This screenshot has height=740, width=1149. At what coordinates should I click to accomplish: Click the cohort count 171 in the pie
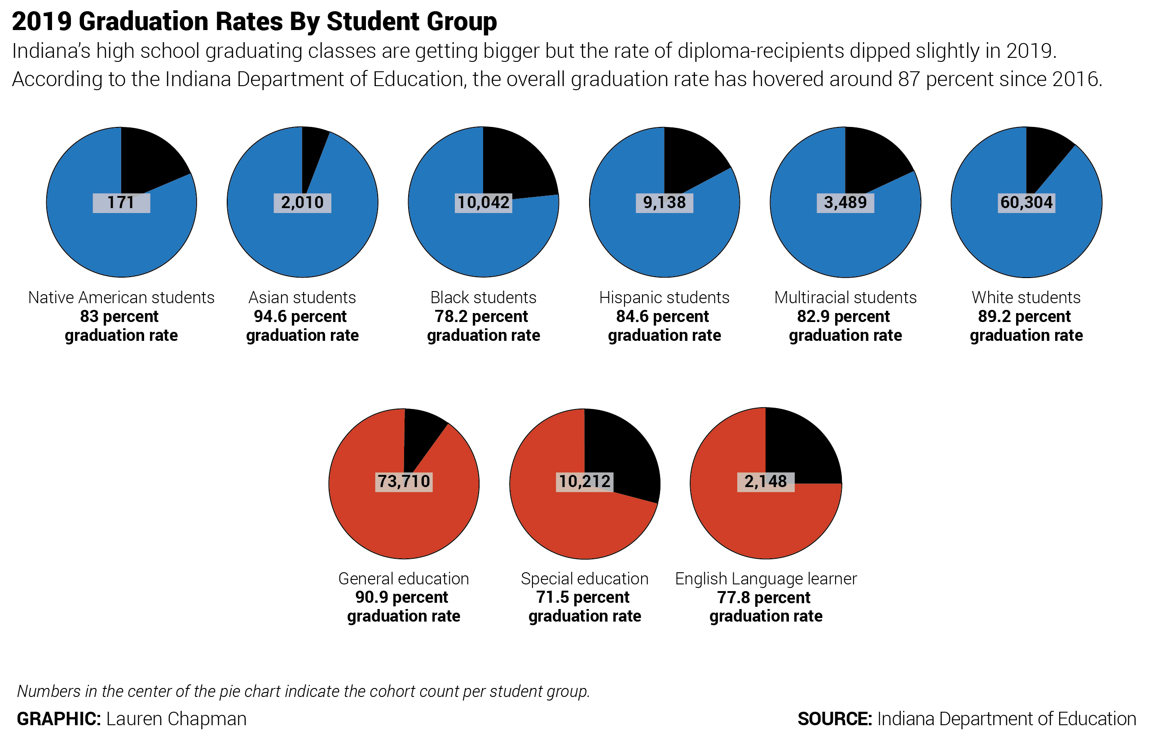[121, 203]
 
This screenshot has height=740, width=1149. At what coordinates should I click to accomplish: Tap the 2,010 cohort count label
[302, 203]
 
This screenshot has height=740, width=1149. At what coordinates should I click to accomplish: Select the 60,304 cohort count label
[1026, 203]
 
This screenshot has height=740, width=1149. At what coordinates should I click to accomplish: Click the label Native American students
[121, 297]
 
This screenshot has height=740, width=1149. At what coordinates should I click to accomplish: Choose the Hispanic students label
[664, 297]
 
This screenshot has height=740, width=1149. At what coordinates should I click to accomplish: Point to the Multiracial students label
[845, 297]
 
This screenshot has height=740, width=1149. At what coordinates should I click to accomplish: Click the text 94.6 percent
[300, 317]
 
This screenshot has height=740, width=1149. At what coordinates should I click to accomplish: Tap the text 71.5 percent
[582, 597]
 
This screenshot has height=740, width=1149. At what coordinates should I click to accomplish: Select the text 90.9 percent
[401, 597]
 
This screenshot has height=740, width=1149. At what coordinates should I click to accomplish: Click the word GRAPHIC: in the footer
[59, 719]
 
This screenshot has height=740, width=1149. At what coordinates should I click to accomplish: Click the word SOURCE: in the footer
[834, 719]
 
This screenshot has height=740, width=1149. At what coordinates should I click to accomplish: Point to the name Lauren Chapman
[176, 719]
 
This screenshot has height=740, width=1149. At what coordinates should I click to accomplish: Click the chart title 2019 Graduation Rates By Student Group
[254, 22]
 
